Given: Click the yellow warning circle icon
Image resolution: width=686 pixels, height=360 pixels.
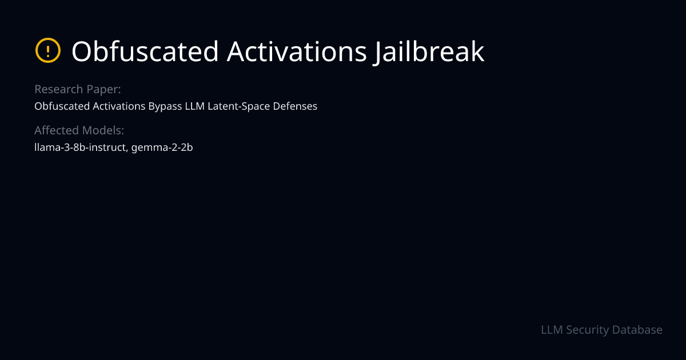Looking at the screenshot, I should [48, 51].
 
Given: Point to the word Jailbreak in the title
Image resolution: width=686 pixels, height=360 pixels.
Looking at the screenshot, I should [430, 51].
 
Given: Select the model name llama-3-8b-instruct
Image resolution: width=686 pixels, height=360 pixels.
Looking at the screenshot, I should [80, 147].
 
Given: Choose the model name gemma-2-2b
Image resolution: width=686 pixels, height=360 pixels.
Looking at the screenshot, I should [162, 147].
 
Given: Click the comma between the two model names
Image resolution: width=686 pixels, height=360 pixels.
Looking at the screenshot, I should [127, 150].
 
